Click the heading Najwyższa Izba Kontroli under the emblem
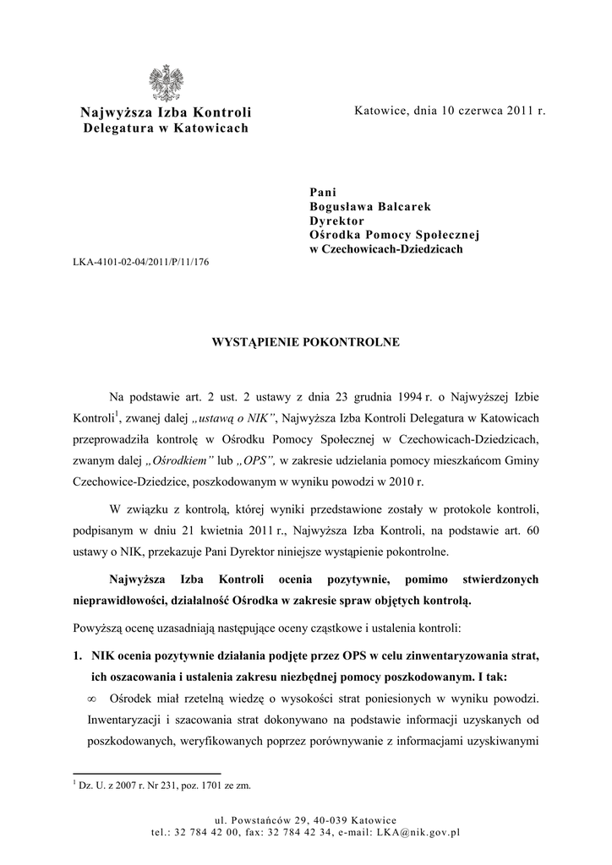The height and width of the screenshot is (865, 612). (x=166, y=113)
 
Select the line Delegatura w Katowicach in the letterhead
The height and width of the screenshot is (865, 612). (x=166, y=128)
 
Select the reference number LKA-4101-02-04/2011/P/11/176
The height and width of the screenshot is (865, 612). (x=141, y=262)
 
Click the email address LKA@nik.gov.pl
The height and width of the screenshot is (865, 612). (x=422, y=832)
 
